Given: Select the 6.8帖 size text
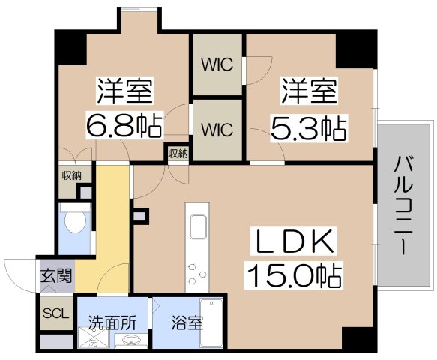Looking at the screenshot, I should (x=124, y=126).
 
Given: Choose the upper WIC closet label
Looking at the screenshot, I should (x=217, y=64).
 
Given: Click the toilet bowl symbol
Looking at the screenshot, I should (x=74, y=222).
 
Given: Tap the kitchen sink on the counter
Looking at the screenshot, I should (x=199, y=225).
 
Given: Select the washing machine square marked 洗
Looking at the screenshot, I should (x=93, y=342).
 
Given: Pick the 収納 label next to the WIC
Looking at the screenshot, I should (x=178, y=154).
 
